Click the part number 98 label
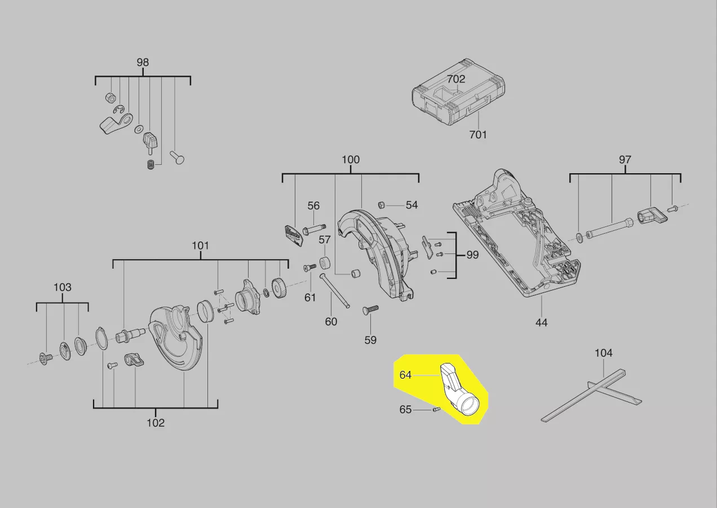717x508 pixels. coord(143,62)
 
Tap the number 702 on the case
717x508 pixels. coord(456,80)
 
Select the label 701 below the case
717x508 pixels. coord(478,134)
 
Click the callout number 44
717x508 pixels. coord(541,322)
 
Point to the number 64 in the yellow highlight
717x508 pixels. coord(406,375)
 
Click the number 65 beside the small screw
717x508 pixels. coord(406,410)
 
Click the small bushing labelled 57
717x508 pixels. coord(325,263)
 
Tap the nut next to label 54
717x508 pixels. coord(380,204)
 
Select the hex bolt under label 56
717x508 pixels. coord(313,230)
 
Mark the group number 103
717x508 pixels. coord(63,287)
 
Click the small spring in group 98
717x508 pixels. coord(151,165)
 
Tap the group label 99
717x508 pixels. coord(472,255)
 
